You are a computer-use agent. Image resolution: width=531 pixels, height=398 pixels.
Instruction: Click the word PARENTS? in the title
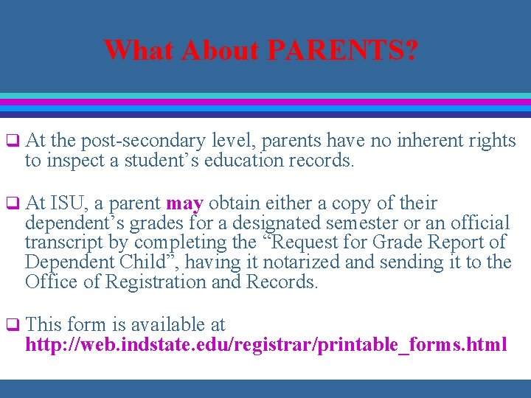point(342,51)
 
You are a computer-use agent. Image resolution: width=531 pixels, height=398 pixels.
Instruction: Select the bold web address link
point(265,344)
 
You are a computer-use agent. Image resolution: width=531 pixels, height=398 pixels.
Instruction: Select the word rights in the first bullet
point(494,141)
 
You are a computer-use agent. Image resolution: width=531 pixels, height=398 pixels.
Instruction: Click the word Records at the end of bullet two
point(281,282)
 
